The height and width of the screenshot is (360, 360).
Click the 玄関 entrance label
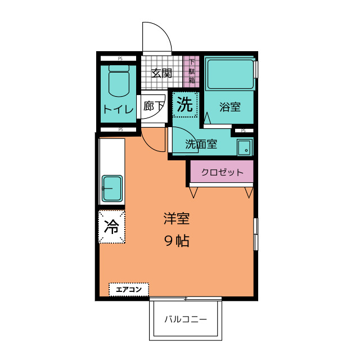pyautogui.click(x=162, y=73)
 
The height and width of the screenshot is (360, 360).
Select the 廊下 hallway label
pyautogui.click(x=153, y=106)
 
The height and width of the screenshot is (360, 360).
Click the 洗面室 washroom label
pyautogui.click(x=201, y=144)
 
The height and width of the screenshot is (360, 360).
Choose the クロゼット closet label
pyautogui.click(x=222, y=172)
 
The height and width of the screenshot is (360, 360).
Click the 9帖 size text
pyautogui.click(x=176, y=241)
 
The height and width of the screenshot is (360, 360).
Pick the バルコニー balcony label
pyautogui.click(x=186, y=319)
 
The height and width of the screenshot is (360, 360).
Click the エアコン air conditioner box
pyautogui.click(x=128, y=290)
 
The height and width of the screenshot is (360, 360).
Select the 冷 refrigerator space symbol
pyautogui.click(x=112, y=227)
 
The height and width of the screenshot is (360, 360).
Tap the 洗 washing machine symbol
pyautogui.click(x=185, y=104)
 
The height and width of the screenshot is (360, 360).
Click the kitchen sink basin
pyautogui.click(x=112, y=188)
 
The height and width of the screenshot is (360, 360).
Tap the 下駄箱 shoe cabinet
pyautogui.click(x=191, y=71)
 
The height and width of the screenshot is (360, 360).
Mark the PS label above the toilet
pyautogui.click(x=119, y=58)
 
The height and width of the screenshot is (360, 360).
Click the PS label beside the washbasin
pyautogui.click(x=243, y=131)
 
